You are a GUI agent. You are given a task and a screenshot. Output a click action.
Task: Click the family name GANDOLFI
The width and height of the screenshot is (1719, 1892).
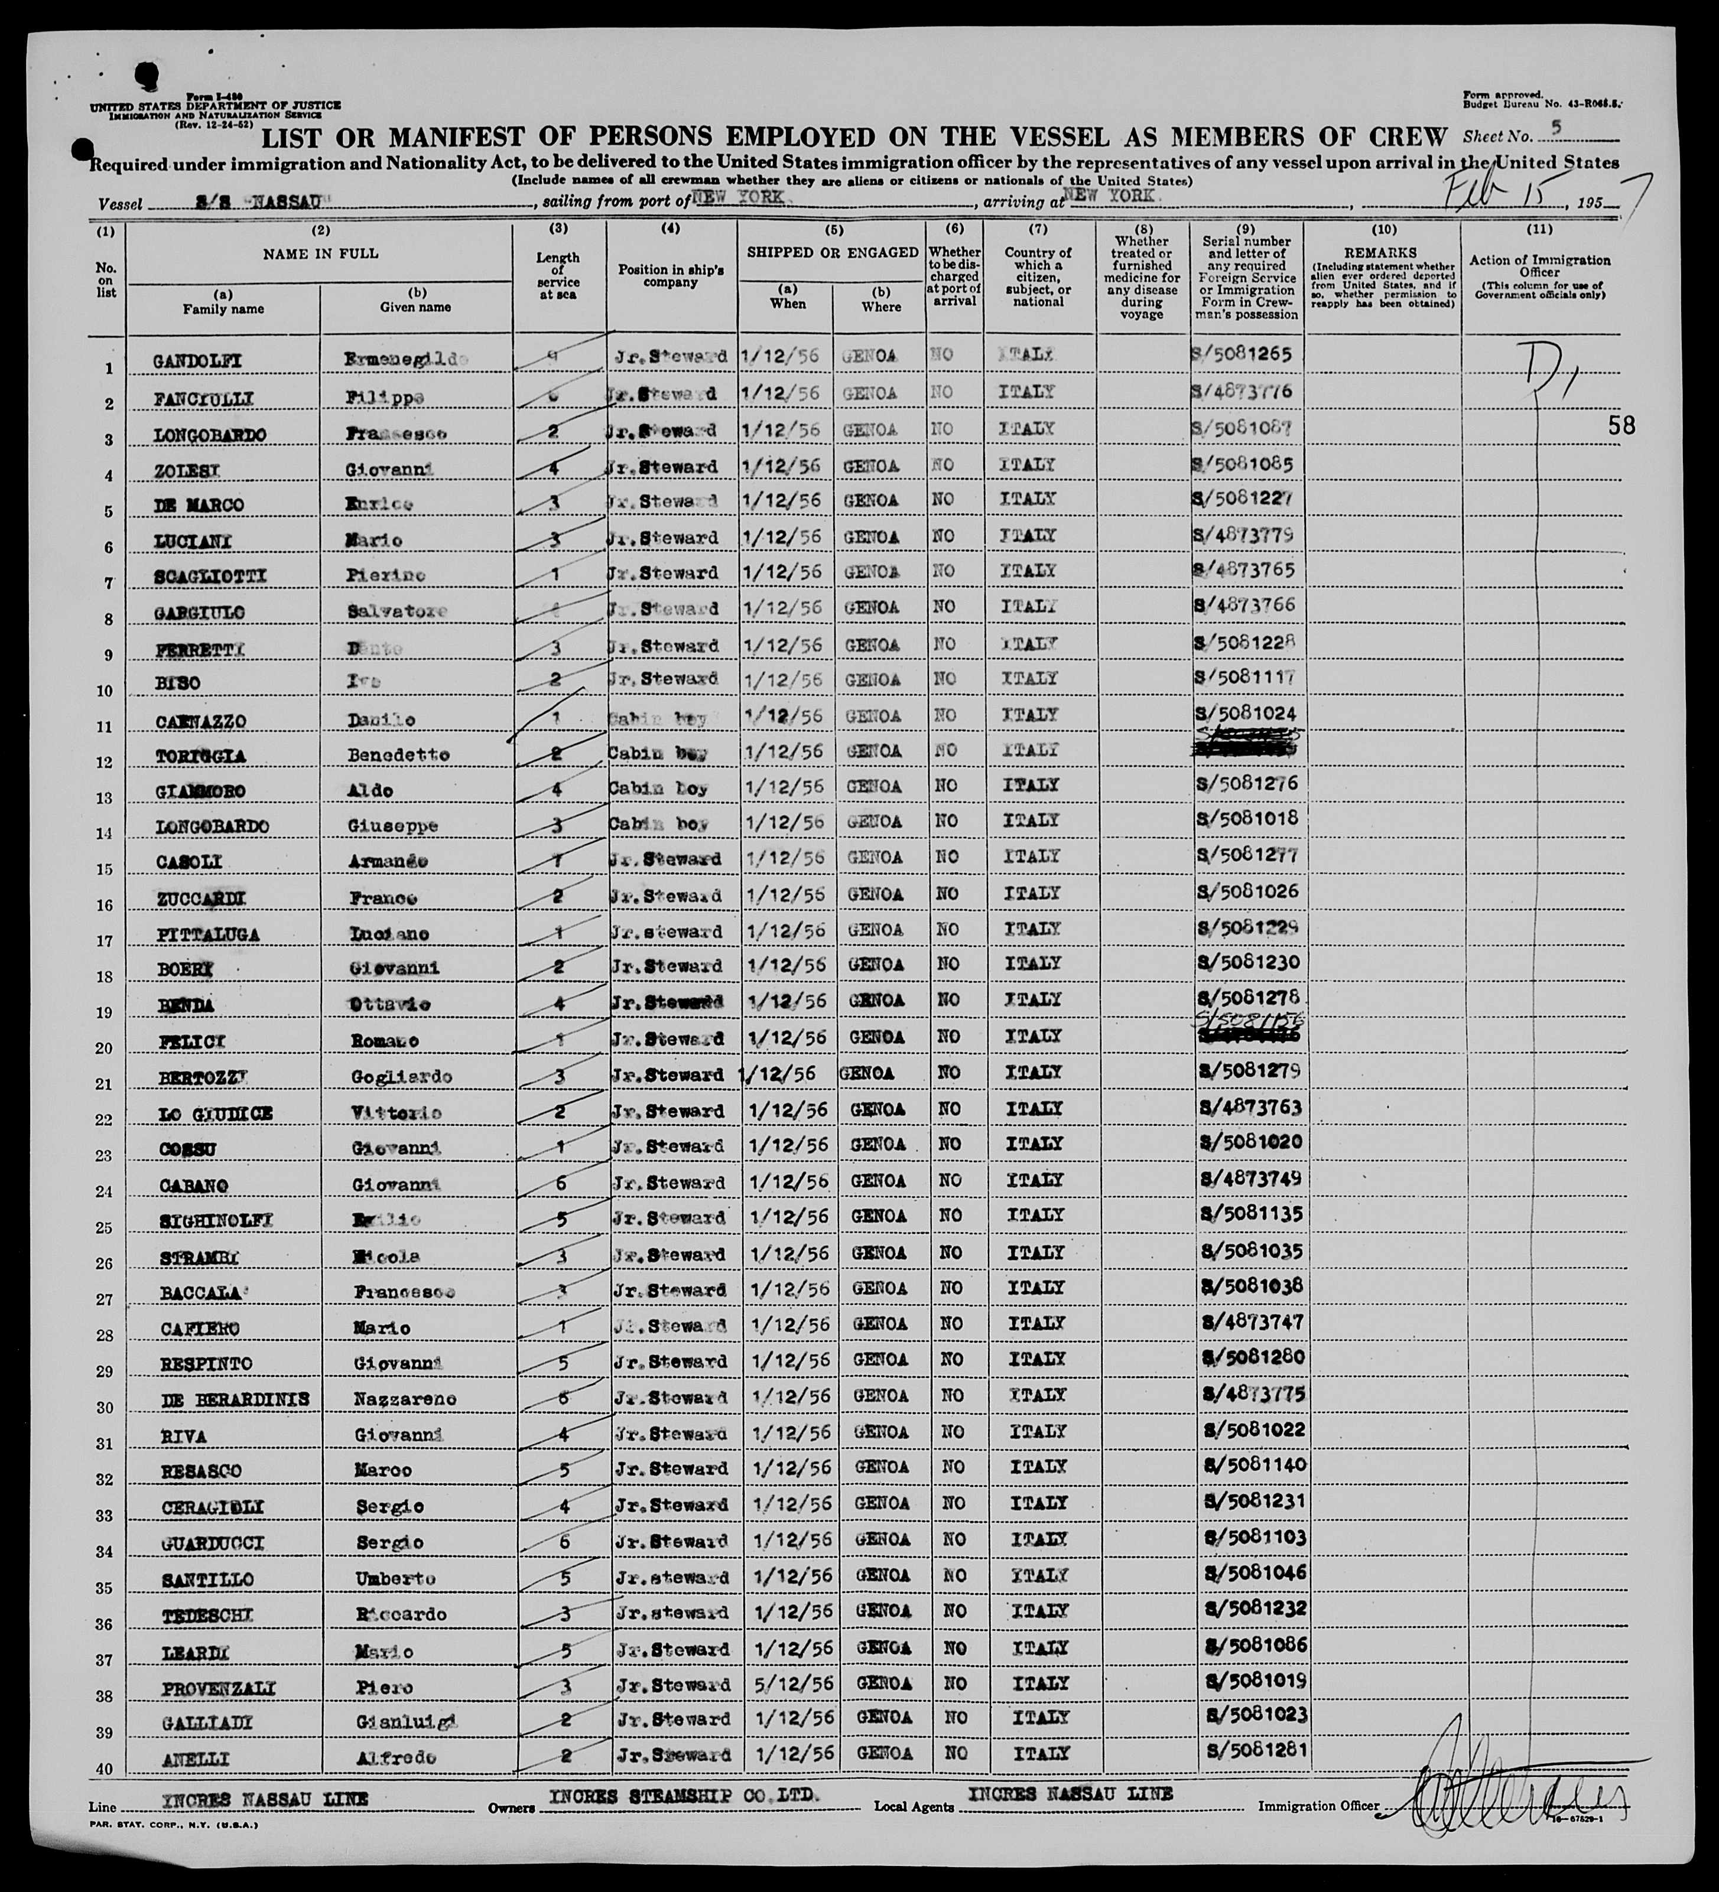pyautogui.click(x=198, y=360)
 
